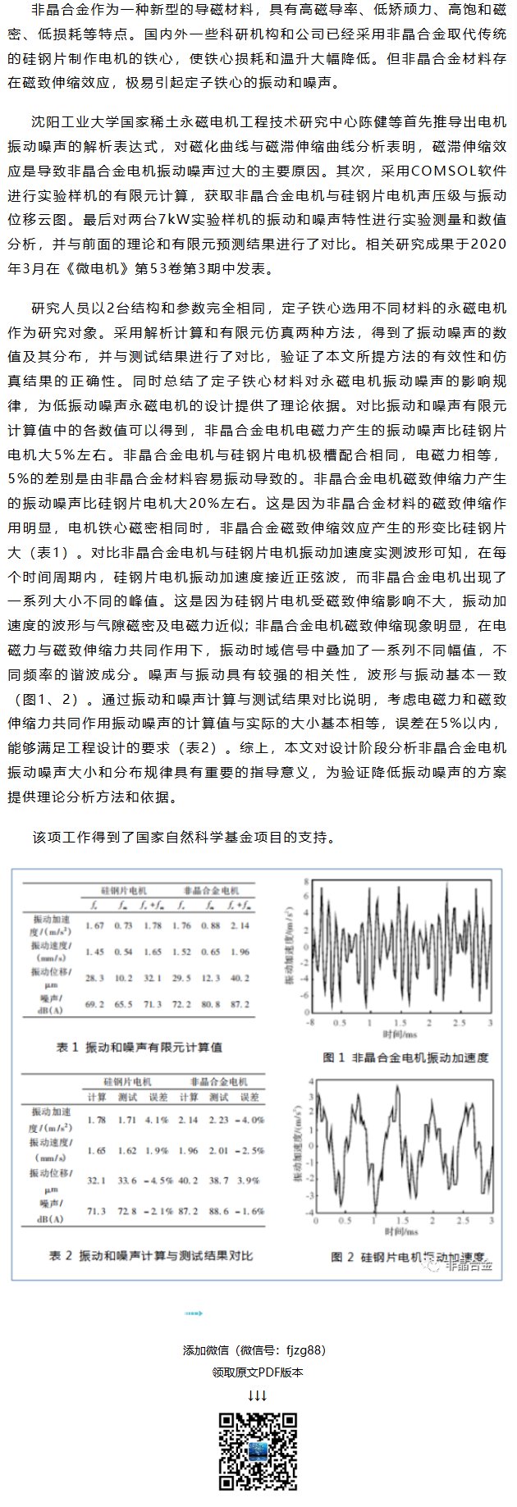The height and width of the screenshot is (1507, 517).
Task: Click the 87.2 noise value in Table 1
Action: click(240, 1004)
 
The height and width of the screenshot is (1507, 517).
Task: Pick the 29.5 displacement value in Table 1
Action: click(181, 978)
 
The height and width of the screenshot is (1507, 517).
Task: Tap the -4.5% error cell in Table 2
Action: click(157, 1180)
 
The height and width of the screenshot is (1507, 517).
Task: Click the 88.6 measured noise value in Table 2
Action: click(218, 1211)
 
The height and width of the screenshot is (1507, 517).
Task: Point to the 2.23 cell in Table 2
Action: click(218, 1120)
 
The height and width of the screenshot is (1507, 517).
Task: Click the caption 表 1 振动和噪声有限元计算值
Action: click(139, 1048)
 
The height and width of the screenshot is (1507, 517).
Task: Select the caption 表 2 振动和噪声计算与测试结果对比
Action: click(151, 1256)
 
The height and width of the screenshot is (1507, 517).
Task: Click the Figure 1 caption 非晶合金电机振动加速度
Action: click(405, 1057)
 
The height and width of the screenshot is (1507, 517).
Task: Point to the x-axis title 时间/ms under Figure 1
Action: click(400, 1035)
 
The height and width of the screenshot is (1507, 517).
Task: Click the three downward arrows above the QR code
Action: click(258, 1395)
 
